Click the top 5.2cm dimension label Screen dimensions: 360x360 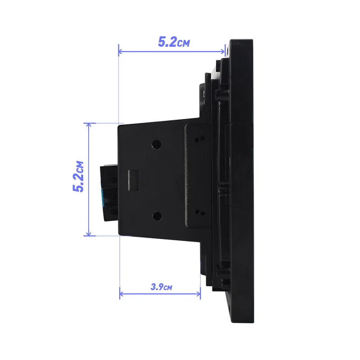174,42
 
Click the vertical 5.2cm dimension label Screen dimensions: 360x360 78,176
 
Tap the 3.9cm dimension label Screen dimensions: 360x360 161,287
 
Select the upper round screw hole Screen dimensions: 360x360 156,144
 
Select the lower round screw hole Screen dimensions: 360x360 157,216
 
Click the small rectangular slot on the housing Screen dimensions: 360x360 133,180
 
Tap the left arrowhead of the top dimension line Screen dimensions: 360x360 120,51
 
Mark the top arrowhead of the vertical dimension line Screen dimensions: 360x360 89,125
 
